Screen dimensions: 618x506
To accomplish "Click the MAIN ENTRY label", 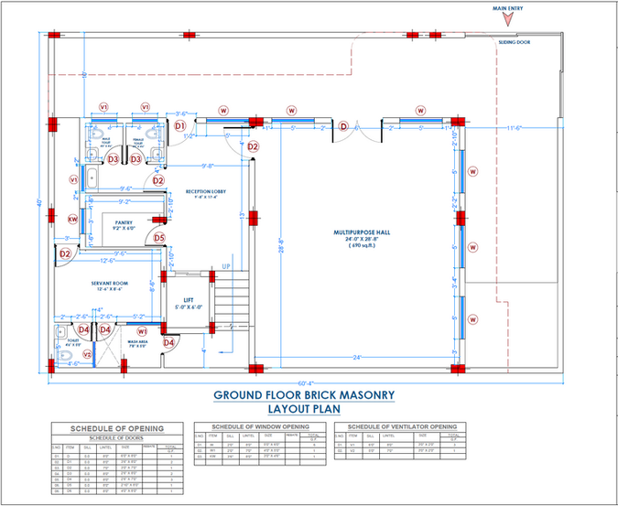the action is click(x=510, y=8).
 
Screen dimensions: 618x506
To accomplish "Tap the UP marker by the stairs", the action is click(x=226, y=267).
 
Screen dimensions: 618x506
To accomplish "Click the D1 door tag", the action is click(x=180, y=125).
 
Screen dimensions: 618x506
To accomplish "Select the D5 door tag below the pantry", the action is click(x=158, y=239).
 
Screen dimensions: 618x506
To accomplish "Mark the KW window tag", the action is click(x=73, y=219).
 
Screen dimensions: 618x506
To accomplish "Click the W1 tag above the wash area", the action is click(x=143, y=331).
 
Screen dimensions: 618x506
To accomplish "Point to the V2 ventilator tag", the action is click(x=88, y=354).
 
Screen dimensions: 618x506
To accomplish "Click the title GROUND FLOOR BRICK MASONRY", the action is click(x=305, y=395).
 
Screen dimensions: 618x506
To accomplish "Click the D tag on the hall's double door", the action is click(x=343, y=126).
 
